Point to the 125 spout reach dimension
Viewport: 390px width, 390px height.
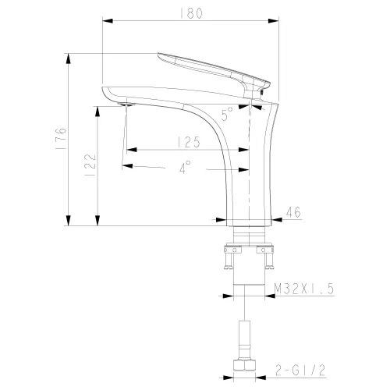[186, 142]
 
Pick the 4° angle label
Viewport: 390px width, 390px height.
[184, 167]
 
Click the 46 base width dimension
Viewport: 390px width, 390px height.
[294, 211]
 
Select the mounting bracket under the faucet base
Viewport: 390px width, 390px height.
[249, 251]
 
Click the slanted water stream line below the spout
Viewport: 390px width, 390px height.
[123, 136]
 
